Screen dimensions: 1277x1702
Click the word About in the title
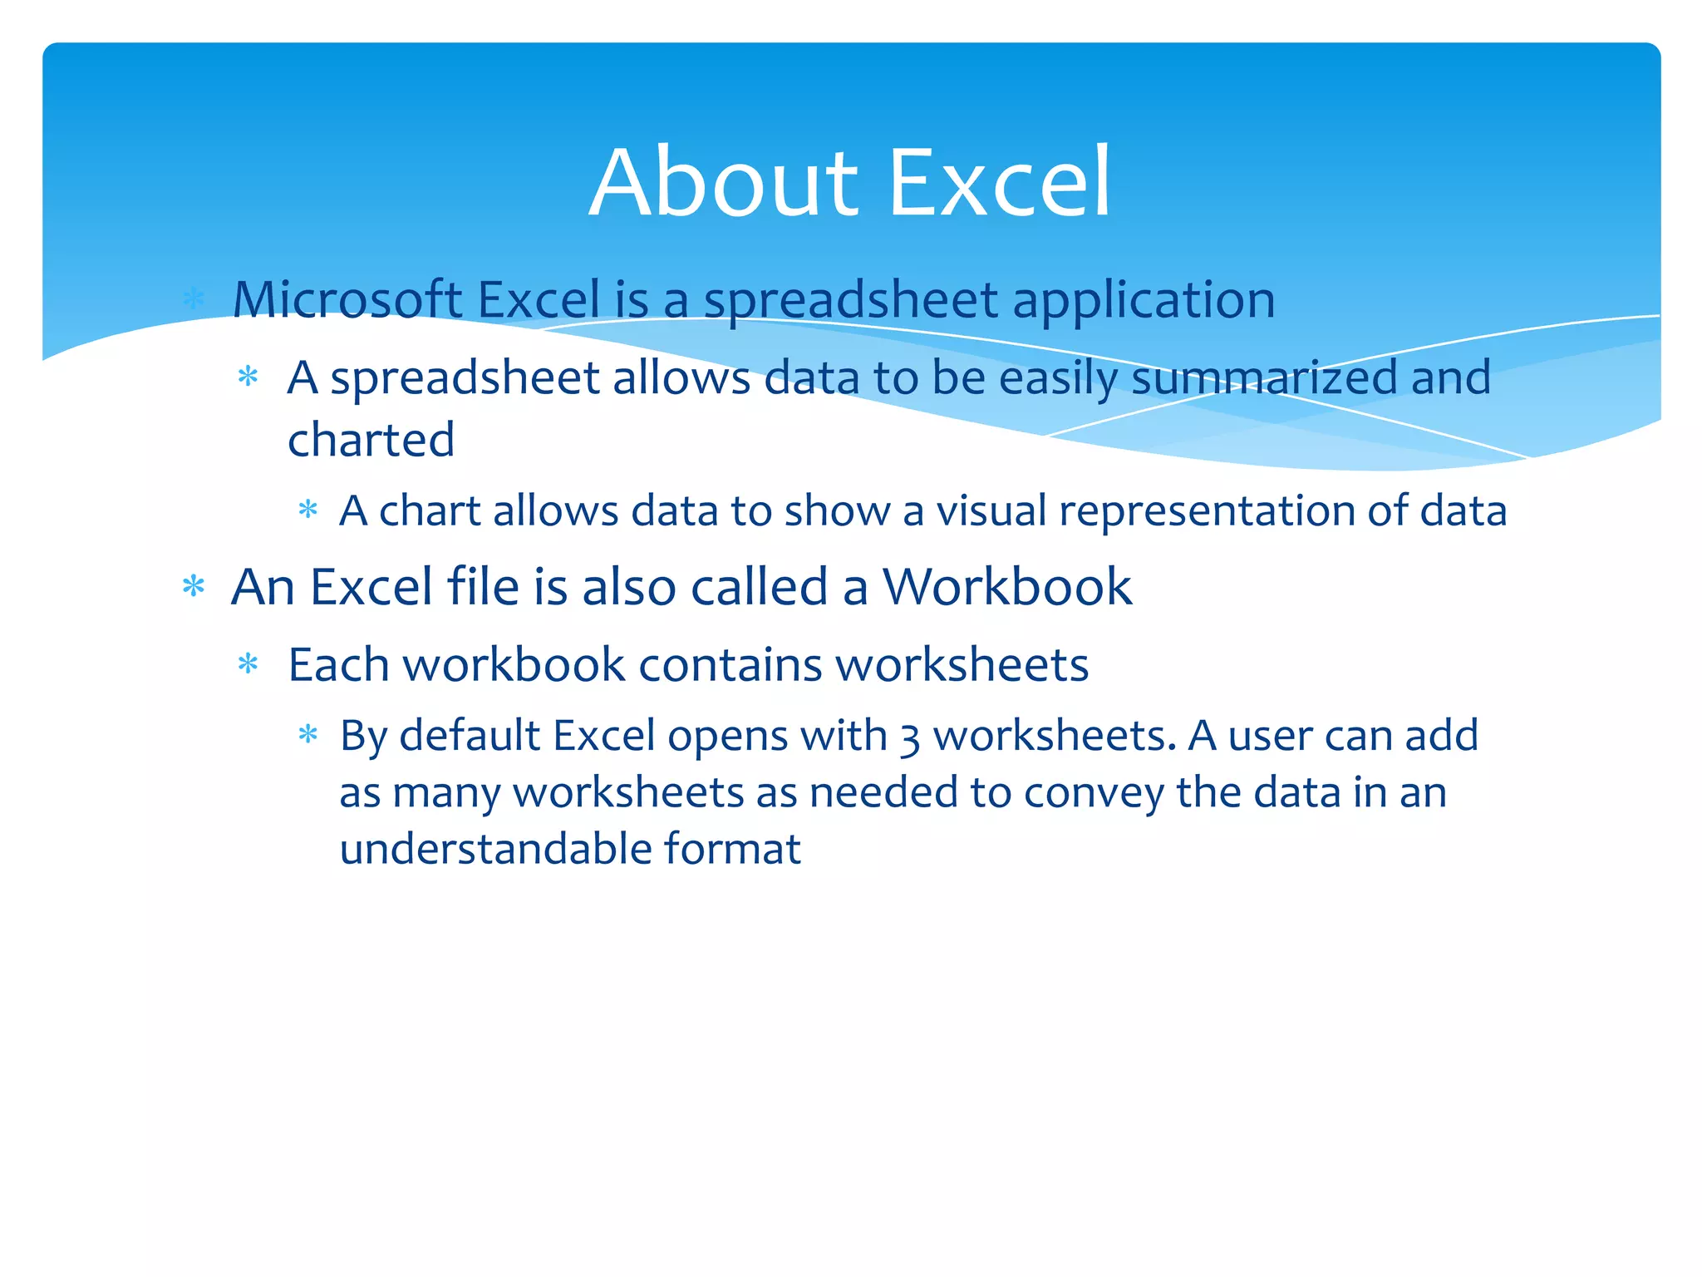tap(723, 183)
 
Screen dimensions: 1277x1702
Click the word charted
tap(371, 440)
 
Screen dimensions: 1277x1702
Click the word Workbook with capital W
tap(1006, 587)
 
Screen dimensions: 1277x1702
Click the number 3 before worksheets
tap(909, 738)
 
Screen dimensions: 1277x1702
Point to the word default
tap(470, 736)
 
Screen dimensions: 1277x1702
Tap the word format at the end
tap(732, 850)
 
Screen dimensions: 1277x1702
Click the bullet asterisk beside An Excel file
tap(194, 587)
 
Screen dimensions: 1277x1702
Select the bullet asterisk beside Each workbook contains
tap(248, 664)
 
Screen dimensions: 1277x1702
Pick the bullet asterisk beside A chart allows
tap(307, 510)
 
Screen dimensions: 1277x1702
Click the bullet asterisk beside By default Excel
tap(307, 735)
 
